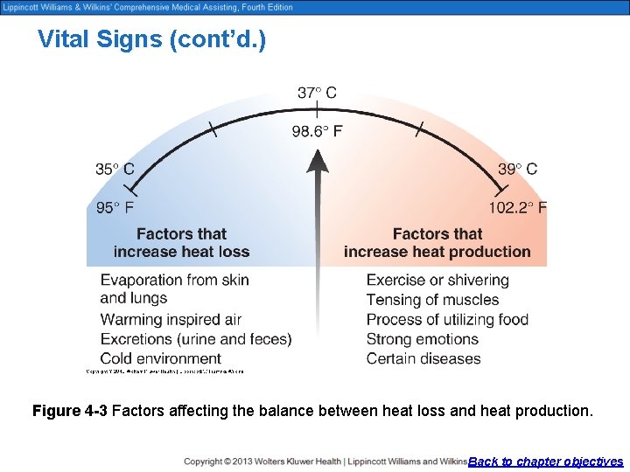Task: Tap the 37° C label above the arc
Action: point(317,93)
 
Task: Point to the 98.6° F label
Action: point(317,131)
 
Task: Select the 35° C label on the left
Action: point(115,169)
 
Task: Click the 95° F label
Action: point(115,208)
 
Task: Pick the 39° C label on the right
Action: point(518,169)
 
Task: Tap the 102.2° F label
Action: point(518,208)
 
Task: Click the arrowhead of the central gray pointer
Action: point(318,161)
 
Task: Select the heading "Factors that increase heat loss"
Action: point(181,243)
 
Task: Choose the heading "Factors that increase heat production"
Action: point(437,243)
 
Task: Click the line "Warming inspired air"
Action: point(171,319)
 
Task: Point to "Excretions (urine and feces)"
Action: point(196,339)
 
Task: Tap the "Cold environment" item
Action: point(160,358)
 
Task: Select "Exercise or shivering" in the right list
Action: point(437,281)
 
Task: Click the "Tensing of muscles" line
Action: point(432,300)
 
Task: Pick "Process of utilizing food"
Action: point(447,319)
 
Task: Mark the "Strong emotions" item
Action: point(423,339)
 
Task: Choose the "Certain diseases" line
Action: point(423,358)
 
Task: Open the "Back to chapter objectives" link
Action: point(546,462)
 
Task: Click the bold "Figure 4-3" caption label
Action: point(70,410)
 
